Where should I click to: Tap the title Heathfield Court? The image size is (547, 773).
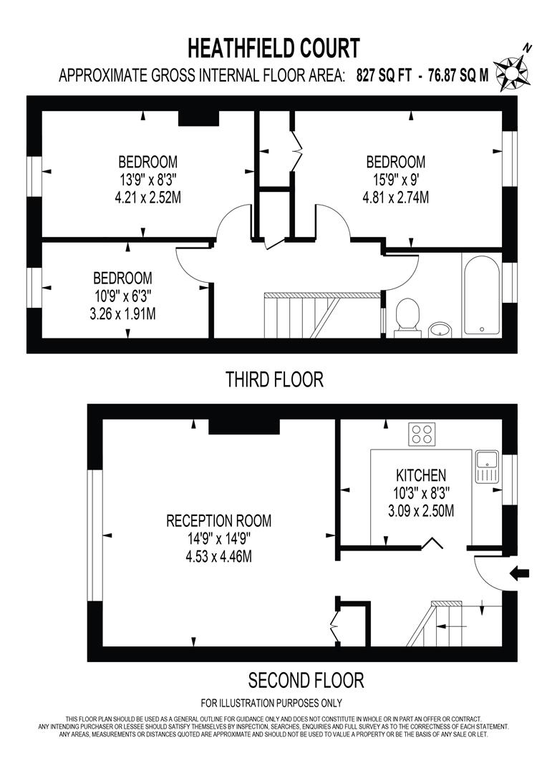click(273, 49)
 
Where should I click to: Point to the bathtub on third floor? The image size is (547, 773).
click(481, 293)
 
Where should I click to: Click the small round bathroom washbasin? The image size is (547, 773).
click(440, 329)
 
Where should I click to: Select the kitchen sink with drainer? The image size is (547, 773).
click(485, 467)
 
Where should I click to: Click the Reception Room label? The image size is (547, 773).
click(219, 520)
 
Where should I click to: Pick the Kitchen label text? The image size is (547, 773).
click(421, 475)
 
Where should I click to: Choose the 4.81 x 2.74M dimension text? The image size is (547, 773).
click(396, 198)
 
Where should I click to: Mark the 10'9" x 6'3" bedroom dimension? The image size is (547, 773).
click(122, 296)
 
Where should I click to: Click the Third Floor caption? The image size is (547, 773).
click(274, 379)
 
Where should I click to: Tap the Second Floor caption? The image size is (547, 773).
click(306, 679)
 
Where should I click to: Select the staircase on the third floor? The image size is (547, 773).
click(301, 315)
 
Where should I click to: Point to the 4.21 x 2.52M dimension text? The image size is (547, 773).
click(147, 198)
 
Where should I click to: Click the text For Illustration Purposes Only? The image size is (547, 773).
click(271, 703)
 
